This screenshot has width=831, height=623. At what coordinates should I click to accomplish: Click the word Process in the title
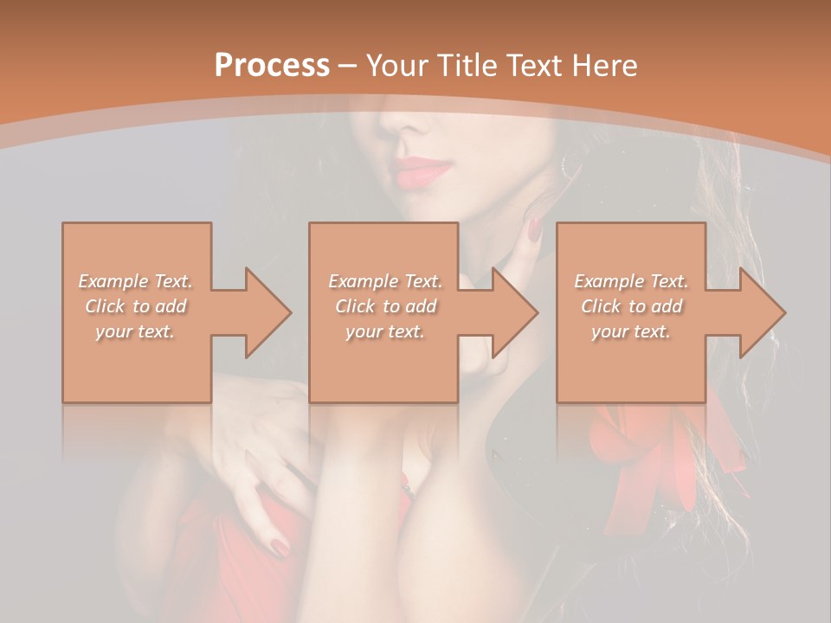(272, 66)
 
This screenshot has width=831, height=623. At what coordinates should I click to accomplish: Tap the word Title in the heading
(463, 66)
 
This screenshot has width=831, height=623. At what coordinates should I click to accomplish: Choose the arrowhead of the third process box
(763, 312)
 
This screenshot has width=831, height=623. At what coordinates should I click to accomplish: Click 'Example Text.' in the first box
(136, 281)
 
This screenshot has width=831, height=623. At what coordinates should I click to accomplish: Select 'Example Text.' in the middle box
(385, 281)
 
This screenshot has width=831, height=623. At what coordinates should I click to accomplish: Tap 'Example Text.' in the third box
(631, 281)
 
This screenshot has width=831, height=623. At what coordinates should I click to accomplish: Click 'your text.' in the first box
(136, 331)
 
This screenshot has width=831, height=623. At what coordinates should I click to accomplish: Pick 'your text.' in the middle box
(385, 331)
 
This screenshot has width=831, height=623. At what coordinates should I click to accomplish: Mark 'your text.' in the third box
(631, 331)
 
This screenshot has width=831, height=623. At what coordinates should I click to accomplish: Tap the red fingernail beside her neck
(534, 228)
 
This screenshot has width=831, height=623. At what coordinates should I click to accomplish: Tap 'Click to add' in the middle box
(385, 306)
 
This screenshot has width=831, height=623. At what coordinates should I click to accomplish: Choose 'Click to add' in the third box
(631, 306)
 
